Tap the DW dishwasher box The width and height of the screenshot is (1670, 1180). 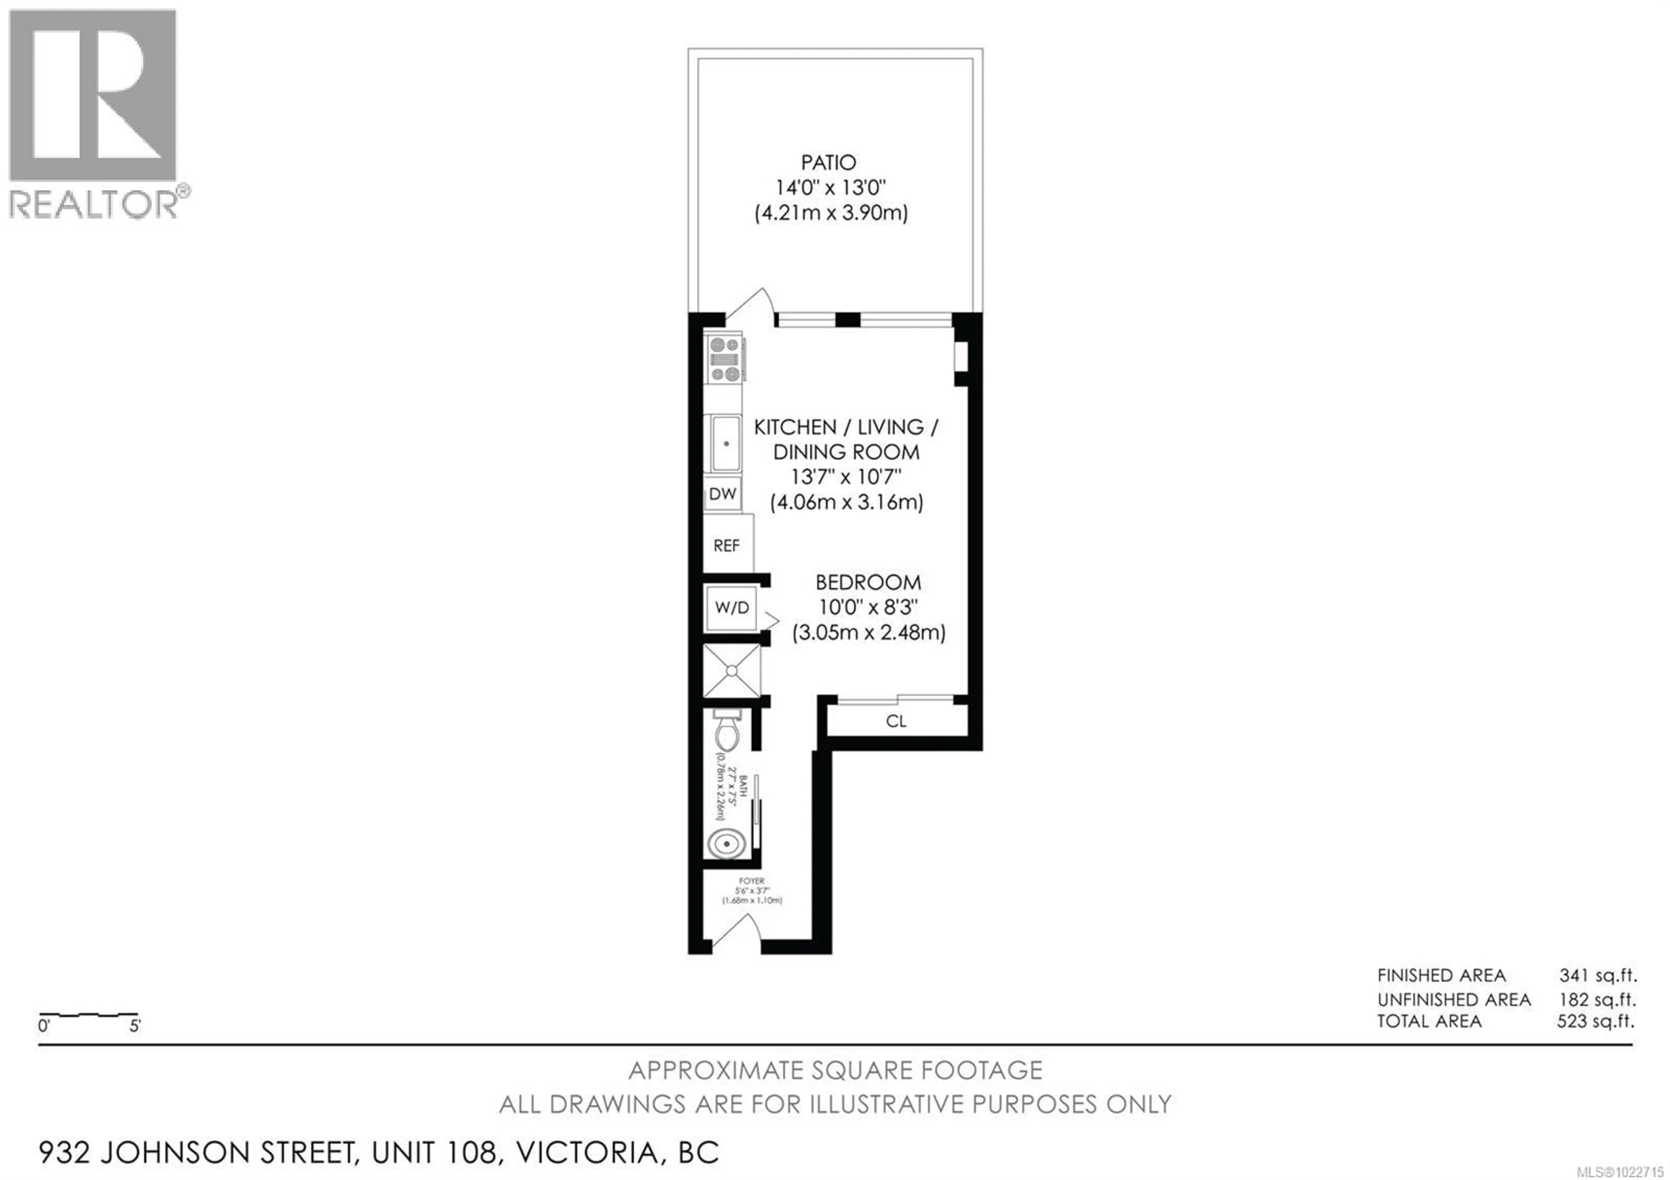click(x=722, y=494)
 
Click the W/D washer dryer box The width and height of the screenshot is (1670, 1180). click(x=732, y=607)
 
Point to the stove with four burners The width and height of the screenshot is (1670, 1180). click(x=725, y=358)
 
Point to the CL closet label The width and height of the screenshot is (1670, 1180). click(x=896, y=721)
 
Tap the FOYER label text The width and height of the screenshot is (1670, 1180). click(x=751, y=881)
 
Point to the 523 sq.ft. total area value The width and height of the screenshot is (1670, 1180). click(x=1596, y=1022)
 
